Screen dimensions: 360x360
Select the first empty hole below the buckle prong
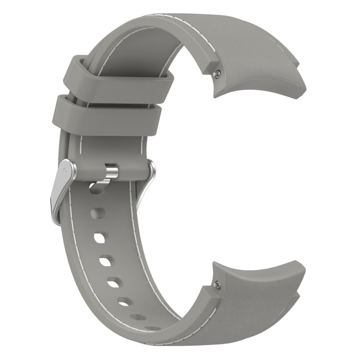98,213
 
